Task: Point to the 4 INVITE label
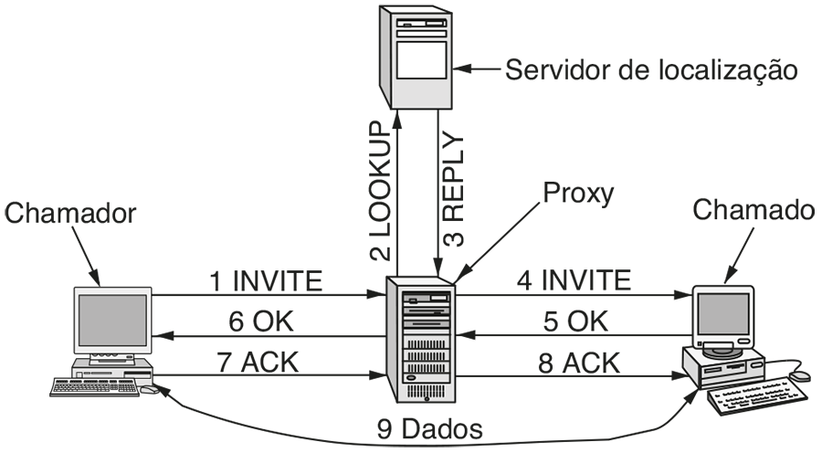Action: coord(574,280)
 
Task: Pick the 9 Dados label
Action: coord(429,427)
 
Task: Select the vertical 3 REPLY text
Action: coord(452,192)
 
